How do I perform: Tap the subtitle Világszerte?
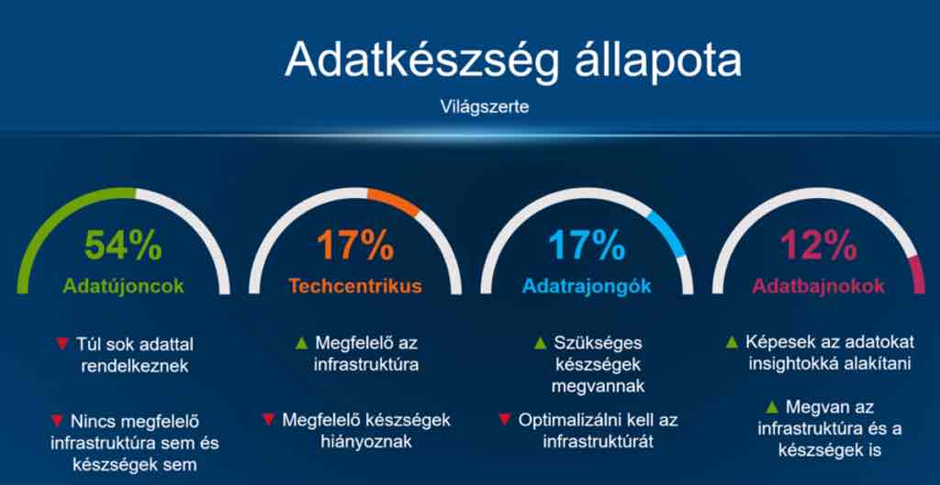click(x=485, y=108)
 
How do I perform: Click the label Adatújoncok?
click(x=124, y=286)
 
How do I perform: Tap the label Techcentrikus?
click(x=355, y=286)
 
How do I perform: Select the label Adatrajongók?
click(x=587, y=286)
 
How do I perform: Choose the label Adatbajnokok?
click(x=819, y=286)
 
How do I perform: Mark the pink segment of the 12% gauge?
click(x=917, y=274)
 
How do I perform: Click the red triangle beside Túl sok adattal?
click(x=62, y=344)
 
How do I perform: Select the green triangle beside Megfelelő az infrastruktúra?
click(x=302, y=343)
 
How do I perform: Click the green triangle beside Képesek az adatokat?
click(x=732, y=343)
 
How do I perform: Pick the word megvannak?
click(x=598, y=386)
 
